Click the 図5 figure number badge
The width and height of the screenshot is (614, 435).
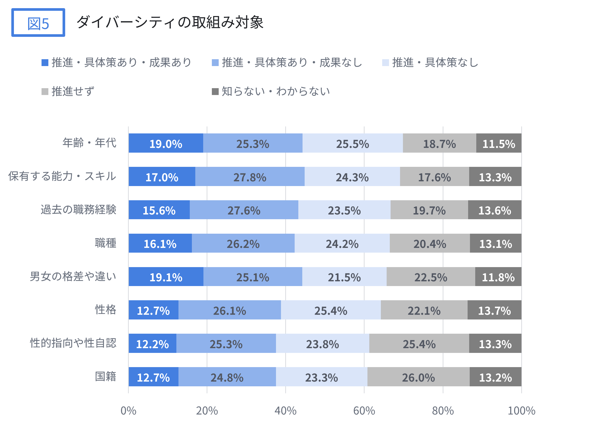(x=38, y=23)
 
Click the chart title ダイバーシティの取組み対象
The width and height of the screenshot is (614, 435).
(x=170, y=22)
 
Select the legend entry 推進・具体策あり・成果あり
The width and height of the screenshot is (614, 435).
(x=117, y=62)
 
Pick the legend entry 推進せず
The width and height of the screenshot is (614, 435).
(x=68, y=91)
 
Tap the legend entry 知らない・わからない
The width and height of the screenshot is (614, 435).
(x=271, y=91)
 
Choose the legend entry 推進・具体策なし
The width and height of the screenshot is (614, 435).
(x=430, y=62)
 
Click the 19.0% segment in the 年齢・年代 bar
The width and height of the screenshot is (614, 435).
(x=166, y=143)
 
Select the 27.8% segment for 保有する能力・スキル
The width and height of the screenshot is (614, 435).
(x=250, y=177)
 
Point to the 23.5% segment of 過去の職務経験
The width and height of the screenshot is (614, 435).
(x=344, y=210)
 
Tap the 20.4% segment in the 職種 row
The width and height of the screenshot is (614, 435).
(x=430, y=243)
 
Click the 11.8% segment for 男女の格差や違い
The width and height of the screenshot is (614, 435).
(x=498, y=277)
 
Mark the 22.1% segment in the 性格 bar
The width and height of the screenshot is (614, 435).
(x=424, y=310)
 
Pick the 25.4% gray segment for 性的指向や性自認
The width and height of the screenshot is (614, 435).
(x=419, y=344)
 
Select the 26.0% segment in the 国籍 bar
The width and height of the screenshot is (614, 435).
(x=418, y=377)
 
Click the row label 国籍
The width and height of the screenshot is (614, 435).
(x=106, y=377)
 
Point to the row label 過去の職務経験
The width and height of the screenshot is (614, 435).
(x=78, y=210)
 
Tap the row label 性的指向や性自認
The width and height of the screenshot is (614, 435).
(x=73, y=343)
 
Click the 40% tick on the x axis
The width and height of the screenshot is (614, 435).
(x=285, y=411)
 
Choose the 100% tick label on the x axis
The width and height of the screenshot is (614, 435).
(x=521, y=411)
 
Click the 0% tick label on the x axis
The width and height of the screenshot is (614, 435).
(x=129, y=411)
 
